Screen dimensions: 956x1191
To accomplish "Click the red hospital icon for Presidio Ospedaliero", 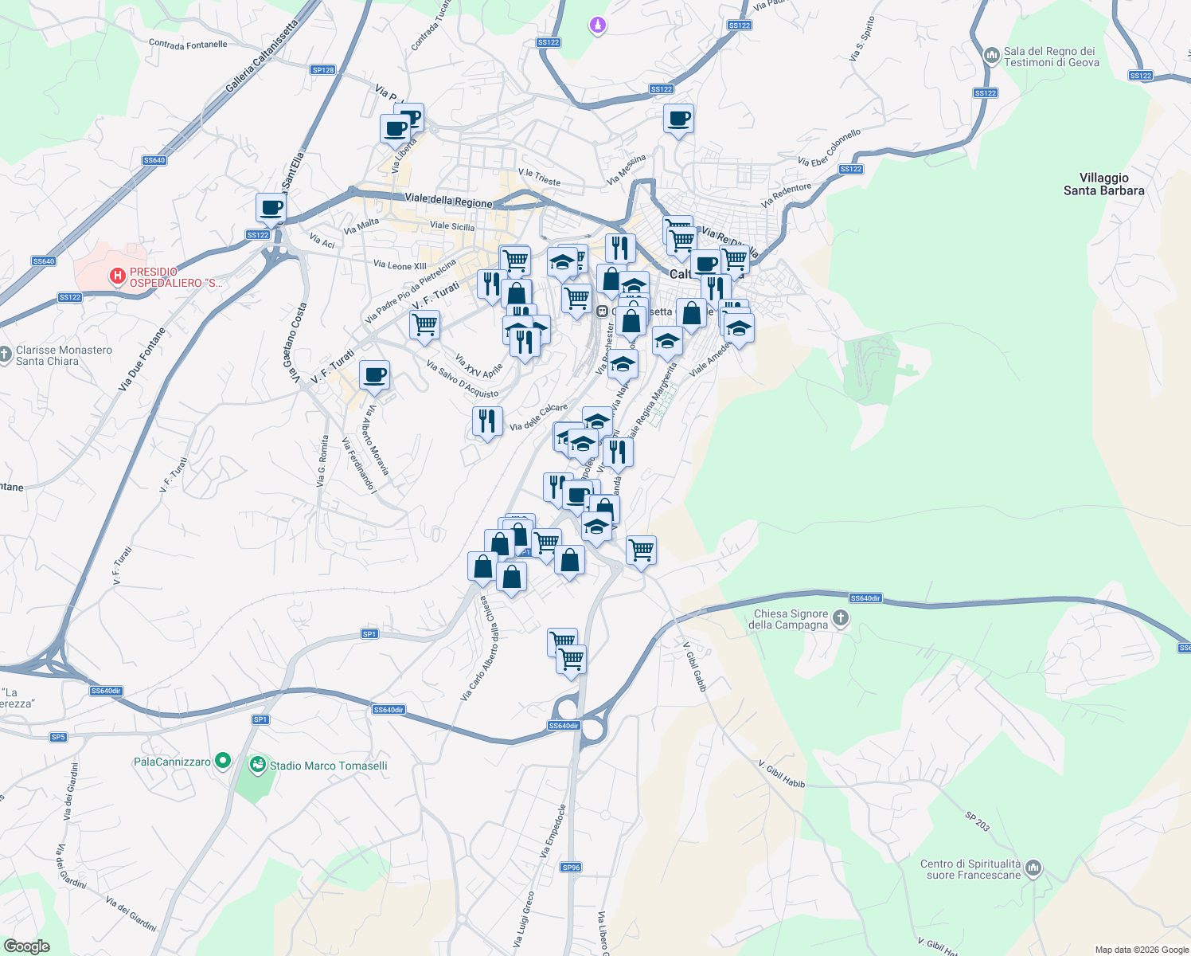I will (118, 276).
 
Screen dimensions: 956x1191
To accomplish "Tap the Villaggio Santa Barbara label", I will (1103, 184).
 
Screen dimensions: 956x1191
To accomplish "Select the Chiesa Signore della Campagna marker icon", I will (841, 618).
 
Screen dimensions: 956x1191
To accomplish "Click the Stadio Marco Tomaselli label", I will (328, 766).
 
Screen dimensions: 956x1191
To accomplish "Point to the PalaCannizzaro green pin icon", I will (223, 761).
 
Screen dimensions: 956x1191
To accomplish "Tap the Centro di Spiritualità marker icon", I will (1033, 868).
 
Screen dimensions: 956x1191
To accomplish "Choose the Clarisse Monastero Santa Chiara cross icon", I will (6, 354).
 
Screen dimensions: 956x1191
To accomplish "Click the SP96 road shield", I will (571, 868).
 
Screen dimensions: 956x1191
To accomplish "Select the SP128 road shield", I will (323, 70).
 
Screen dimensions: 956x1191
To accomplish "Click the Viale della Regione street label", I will (448, 200).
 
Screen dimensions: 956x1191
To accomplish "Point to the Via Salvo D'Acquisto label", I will (462, 379).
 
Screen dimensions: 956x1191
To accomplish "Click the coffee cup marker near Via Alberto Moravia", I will (375, 375).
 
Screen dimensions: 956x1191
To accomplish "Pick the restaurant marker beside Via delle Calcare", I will (487, 421).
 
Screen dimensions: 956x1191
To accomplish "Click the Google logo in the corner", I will (26, 946).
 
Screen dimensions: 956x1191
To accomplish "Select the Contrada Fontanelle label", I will (188, 45).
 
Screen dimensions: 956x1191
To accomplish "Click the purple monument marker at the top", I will (597, 26).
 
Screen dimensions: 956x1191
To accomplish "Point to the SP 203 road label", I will (978, 821).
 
